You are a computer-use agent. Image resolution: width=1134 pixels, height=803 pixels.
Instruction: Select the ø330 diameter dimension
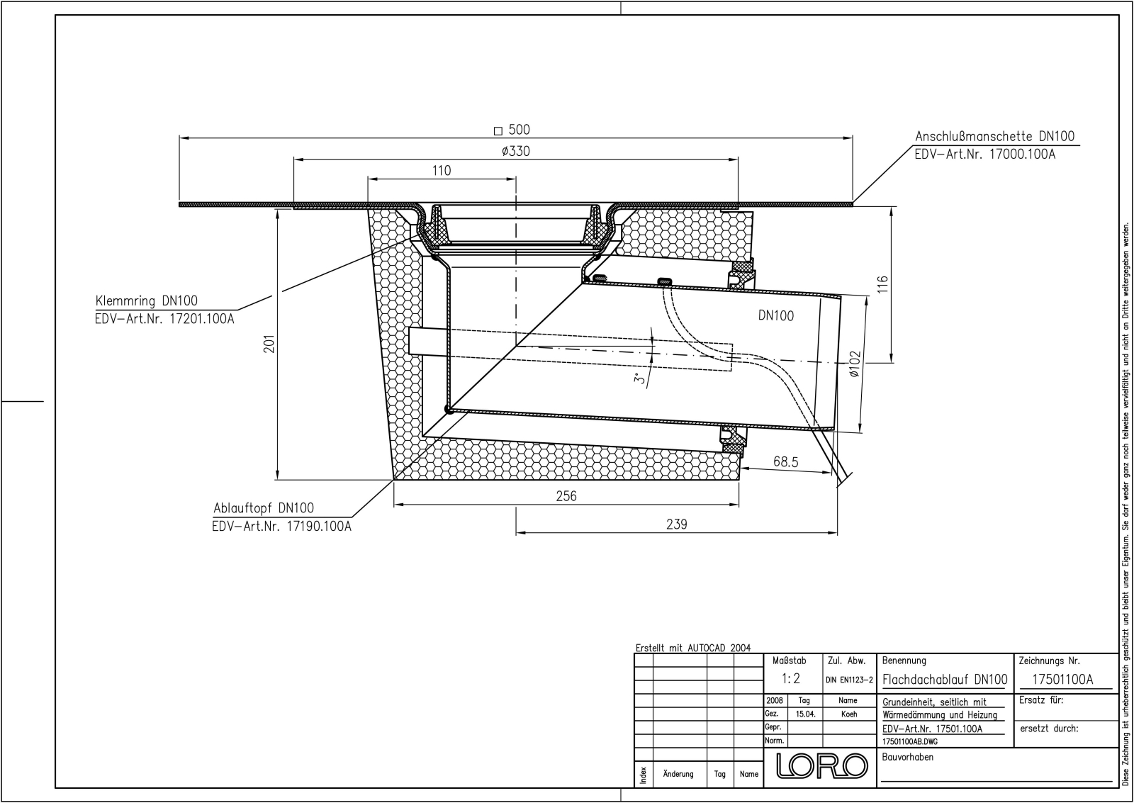515,151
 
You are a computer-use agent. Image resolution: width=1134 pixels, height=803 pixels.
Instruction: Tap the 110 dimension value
441,171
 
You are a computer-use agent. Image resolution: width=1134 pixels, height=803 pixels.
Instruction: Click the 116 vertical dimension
882,285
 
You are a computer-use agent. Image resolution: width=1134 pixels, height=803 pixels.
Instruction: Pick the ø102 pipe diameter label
855,364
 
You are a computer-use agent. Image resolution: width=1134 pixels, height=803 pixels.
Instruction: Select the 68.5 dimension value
785,462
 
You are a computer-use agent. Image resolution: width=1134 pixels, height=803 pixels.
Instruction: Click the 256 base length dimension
566,496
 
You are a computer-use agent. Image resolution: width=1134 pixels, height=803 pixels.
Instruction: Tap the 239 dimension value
677,524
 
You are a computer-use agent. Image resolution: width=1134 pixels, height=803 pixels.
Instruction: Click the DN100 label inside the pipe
776,316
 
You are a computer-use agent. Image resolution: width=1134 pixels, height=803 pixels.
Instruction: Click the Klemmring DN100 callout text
147,301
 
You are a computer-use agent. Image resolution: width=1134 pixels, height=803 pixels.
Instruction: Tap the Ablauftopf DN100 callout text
264,508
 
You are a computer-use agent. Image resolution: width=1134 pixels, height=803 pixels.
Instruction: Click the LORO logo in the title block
822,765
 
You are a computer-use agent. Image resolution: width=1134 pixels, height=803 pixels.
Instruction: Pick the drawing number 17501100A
1062,680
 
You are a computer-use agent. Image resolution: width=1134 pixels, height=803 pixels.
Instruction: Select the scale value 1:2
791,679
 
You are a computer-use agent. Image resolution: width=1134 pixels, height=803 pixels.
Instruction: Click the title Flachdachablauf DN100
945,680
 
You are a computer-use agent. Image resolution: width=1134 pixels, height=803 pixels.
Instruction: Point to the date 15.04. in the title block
805,714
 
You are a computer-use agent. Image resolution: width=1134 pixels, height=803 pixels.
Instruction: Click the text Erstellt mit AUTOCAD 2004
693,648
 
